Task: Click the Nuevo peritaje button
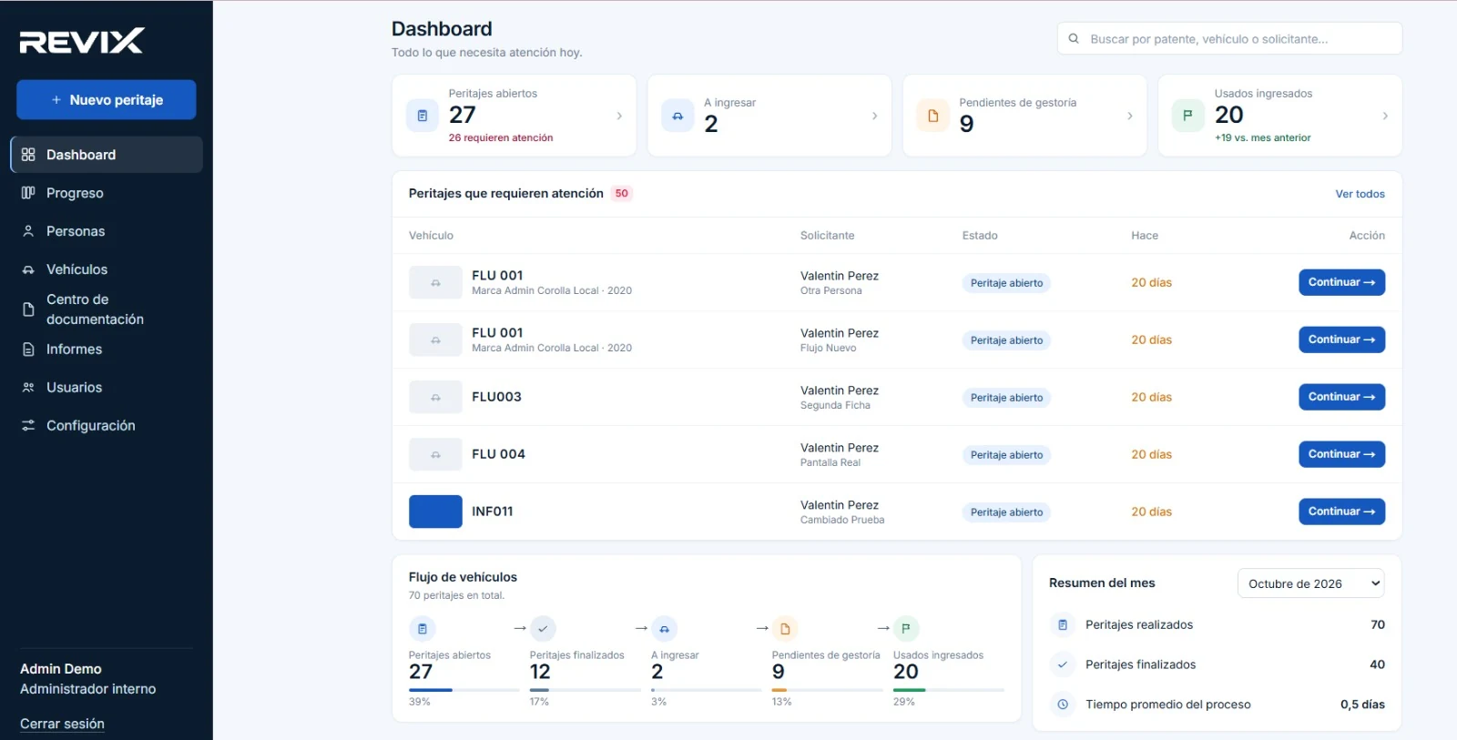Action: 106,99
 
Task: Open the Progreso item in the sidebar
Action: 74,193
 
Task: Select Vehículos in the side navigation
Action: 76,269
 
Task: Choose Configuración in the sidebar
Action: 90,425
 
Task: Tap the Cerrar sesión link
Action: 62,724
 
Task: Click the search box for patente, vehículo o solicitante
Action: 1229,39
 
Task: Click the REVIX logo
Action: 82,40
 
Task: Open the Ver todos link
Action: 1360,194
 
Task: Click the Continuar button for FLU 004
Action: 1342,454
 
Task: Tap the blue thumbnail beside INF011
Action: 435,512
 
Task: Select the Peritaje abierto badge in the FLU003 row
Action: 1006,398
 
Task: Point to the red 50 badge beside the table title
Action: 621,193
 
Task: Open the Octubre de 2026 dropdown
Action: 1310,583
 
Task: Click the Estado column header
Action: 980,236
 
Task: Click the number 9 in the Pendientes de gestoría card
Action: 966,124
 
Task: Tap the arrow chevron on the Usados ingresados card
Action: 1385,116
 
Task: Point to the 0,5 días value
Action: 1362,705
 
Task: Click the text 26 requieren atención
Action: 501,137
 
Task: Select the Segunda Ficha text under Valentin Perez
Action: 835,405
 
